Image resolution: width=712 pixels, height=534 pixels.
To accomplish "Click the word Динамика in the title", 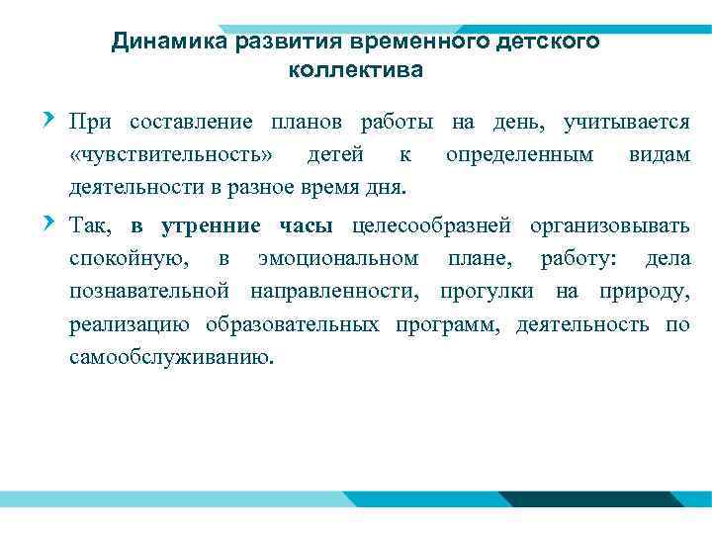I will (168, 43).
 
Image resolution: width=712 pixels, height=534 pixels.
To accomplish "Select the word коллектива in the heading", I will (356, 71).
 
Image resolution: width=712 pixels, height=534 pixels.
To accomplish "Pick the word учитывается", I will (626, 124).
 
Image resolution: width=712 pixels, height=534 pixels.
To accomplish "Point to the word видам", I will (659, 155).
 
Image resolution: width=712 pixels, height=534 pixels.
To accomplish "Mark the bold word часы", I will (309, 226).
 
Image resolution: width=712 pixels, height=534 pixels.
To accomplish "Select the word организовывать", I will (610, 226).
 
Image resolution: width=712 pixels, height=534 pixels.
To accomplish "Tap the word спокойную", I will (126, 260).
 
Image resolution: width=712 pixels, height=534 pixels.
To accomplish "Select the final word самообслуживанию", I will (168, 357).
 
